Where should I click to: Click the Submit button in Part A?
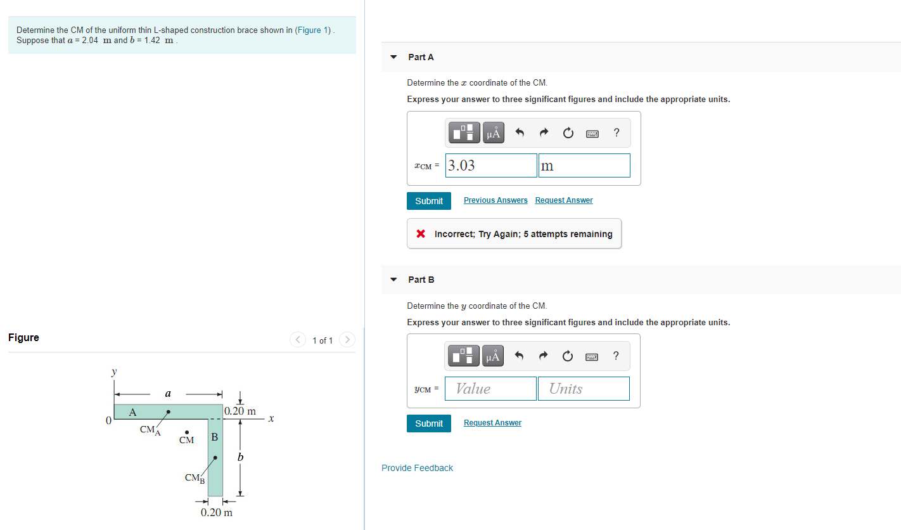[x=429, y=201]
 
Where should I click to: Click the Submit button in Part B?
[x=429, y=423]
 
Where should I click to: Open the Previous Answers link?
[x=495, y=200]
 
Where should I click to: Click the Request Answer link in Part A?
[x=564, y=200]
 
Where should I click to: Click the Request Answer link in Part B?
[x=492, y=423]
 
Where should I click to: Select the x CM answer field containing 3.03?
[x=491, y=165]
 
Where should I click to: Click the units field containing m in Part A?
[x=584, y=165]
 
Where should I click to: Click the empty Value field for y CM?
[x=491, y=389]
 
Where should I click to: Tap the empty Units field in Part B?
[x=584, y=389]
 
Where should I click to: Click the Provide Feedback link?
[x=417, y=468]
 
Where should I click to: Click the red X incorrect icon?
[x=421, y=234]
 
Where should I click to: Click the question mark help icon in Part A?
[x=617, y=132]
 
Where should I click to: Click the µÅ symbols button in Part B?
[x=493, y=356]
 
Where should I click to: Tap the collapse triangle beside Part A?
[x=393, y=57]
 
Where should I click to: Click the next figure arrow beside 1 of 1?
[x=347, y=340]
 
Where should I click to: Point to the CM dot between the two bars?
[x=187, y=432]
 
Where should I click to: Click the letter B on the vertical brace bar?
[x=215, y=437]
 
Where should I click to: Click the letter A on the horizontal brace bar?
[x=132, y=412]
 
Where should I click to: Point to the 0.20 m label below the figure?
[x=217, y=512]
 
